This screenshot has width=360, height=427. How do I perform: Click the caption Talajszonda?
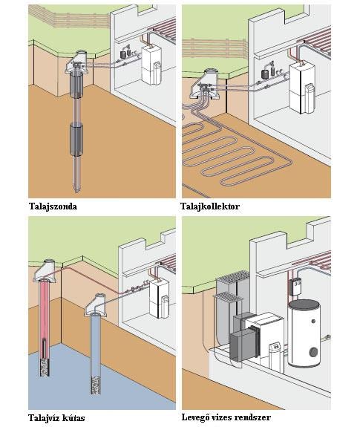click(53, 206)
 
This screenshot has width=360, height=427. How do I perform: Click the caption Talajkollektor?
click(210, 206)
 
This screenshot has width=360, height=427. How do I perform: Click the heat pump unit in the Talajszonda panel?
click(152, 65)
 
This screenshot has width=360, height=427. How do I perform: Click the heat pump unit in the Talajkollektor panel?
click(302, 88)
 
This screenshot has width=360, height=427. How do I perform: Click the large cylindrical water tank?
click(304, 333)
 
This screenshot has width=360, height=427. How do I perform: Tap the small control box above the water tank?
click(296, 287)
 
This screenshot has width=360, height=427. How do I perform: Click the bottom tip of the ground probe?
click(76, 192)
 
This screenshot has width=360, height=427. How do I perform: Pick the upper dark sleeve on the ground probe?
click(76, 85)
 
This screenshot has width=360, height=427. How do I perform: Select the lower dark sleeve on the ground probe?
click(76, 140)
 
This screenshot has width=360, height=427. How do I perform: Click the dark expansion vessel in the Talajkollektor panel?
click(265, 74)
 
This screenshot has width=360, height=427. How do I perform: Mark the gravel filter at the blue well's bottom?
click(95, 385)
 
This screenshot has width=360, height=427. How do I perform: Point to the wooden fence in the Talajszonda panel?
click(69, 17)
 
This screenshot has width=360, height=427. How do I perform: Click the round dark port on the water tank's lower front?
click(313, 351)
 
